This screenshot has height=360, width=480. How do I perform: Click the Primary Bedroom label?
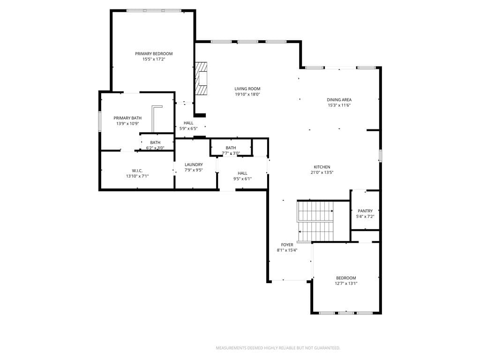(154, 53)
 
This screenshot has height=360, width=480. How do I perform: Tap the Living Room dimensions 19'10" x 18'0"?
(247, 94)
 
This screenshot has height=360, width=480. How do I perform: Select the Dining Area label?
(339, 99)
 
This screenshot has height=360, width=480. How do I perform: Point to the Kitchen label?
(322, 167)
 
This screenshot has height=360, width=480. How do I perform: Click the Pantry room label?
(365, 210)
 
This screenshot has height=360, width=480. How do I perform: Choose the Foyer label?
(287, 245)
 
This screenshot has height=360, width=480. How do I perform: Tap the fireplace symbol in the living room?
(201, 79)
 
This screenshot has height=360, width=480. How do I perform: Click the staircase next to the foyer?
(315, 221)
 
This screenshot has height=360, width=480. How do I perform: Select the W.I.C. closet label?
(137, 171)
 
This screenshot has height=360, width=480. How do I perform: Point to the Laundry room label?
(194, 165)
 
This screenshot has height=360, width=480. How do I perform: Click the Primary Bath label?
(127, 118)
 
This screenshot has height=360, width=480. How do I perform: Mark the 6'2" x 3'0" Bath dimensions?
(155, 148)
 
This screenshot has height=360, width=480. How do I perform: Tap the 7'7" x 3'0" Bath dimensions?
(231, 153)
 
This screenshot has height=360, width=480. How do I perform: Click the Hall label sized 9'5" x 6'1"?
(242, 173)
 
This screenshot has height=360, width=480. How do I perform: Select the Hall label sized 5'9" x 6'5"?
(188, 123)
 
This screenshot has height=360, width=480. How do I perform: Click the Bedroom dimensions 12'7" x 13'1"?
(346, 284)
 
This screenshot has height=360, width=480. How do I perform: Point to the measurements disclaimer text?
(278, 348)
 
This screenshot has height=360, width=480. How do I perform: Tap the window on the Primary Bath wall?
(99, 121)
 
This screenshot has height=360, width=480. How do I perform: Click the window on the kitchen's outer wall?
(380, 156)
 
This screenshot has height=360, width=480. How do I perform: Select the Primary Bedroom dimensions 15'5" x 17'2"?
(154, 59)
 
